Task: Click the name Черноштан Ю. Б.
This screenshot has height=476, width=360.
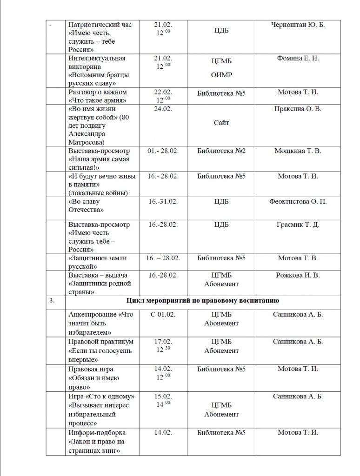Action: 298,25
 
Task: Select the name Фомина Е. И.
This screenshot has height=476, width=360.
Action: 298,58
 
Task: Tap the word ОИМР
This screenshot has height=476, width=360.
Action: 221,75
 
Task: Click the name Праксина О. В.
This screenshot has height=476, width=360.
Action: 298,109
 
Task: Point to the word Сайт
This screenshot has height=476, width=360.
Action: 221,123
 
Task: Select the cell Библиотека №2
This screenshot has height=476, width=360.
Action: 221,151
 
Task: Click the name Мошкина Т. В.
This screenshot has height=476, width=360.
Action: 298,151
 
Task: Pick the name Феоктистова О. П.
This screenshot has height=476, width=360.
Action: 298,201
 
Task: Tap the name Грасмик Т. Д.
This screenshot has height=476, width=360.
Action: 298,224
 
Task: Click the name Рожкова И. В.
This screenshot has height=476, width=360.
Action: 298,275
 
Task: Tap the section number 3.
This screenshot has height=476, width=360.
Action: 52,301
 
